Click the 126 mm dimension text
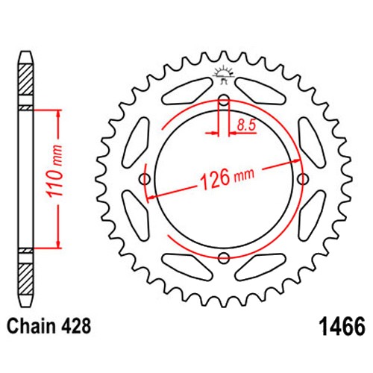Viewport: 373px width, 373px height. [227, 178]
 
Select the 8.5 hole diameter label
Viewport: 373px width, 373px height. [246, 125]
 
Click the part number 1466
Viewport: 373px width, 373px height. [343, 326]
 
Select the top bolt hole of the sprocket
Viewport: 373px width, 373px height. [224, 100]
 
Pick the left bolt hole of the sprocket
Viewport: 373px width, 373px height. [145, 179]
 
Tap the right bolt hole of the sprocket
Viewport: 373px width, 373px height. [303, 179]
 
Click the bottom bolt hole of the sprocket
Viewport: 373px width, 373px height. [224, 258]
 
